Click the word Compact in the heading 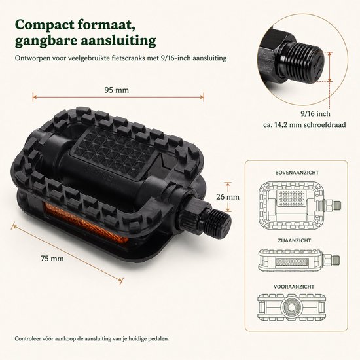click(45, 25)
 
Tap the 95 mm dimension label click(117, 90)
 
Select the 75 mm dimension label click(52, 259)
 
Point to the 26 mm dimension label click(228, 197)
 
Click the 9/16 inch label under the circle click(315, 113)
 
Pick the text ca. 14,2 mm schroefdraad click(304, 124)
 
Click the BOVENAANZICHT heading click(297, 172)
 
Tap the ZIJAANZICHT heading click(295, 240)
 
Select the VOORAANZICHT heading click(294, 287)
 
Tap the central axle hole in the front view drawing click(292, 306)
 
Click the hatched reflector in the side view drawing click(292, 262)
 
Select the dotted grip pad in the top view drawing click(291, 198)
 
